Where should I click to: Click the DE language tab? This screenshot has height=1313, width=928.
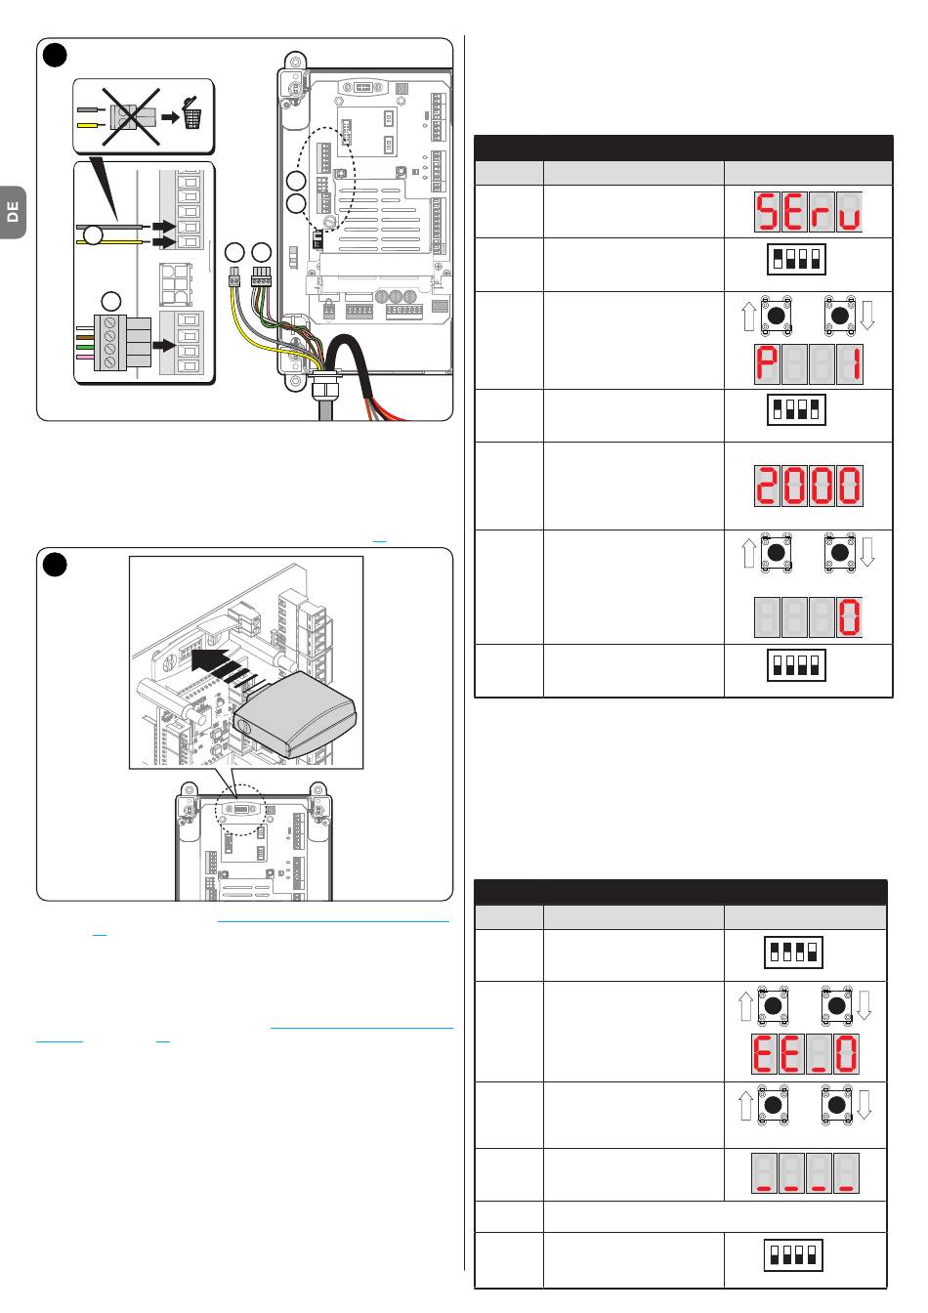click(13, 212)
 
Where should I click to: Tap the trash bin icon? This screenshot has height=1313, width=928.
click(191, 113)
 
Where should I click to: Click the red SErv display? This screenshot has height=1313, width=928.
click(808, 211)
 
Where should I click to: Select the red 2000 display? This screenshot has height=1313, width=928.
click(808, 486)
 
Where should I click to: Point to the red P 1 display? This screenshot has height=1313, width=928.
click(808, 364)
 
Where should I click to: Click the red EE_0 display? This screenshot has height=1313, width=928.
click(805, 1053)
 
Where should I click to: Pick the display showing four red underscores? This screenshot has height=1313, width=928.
click(805, 1173)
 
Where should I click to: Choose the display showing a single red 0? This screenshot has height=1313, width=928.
click(808, 617)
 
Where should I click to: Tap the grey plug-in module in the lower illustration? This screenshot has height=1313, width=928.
click(294, 714)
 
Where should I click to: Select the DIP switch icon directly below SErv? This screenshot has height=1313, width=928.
click(796, 259)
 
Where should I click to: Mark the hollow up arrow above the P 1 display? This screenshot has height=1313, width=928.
click(748, 316)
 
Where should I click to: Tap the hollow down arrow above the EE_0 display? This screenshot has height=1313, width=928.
click(865, 1005)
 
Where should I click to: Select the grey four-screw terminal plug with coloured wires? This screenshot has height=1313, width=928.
click(125, 342)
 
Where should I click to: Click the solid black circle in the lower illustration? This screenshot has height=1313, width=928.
click(55, 565)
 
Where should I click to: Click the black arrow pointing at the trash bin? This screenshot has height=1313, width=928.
click(170, 117)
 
